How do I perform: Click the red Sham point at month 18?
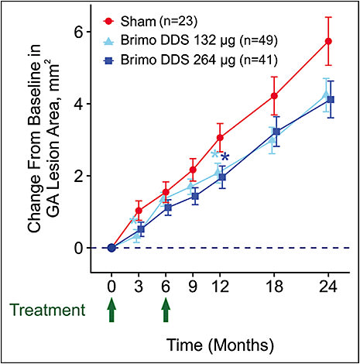pyautogui.click(x=274, y=96)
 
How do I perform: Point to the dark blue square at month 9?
pyautogui.click(x=194, y=197)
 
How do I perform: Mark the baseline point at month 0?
pyautogui.click(x=111, y=248)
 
